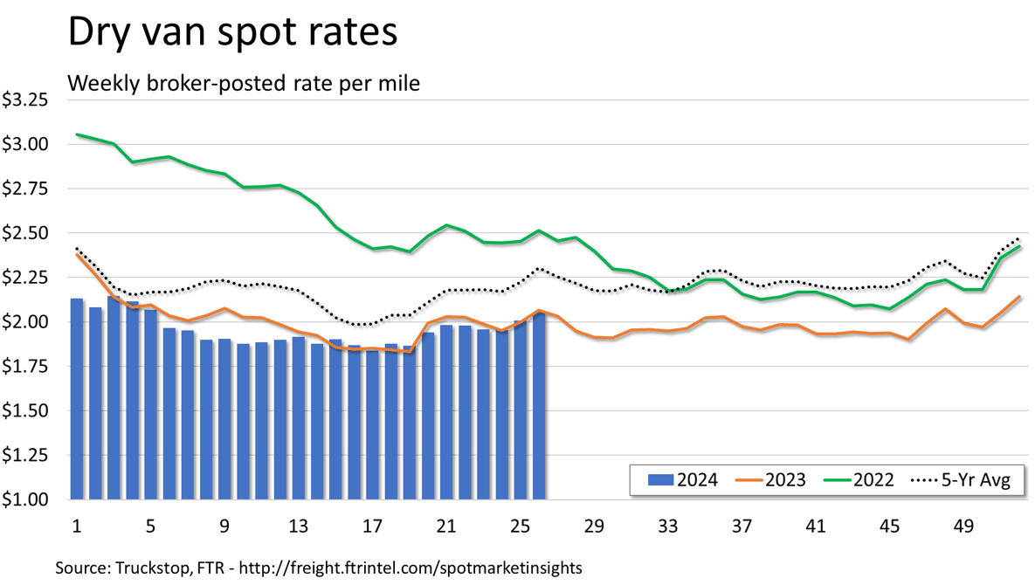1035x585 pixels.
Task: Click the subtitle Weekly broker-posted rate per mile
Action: pos(244,83)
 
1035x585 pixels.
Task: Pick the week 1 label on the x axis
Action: pos(77,526)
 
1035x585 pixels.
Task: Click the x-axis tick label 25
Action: pos(520,526)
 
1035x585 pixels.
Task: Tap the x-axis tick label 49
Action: pos(963,526)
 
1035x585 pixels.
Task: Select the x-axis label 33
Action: pos(668,526)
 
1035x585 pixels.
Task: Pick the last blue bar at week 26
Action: pos(539,407)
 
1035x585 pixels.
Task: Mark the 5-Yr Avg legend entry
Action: pos(961,479)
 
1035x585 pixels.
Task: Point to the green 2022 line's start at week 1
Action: pos(78,134)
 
